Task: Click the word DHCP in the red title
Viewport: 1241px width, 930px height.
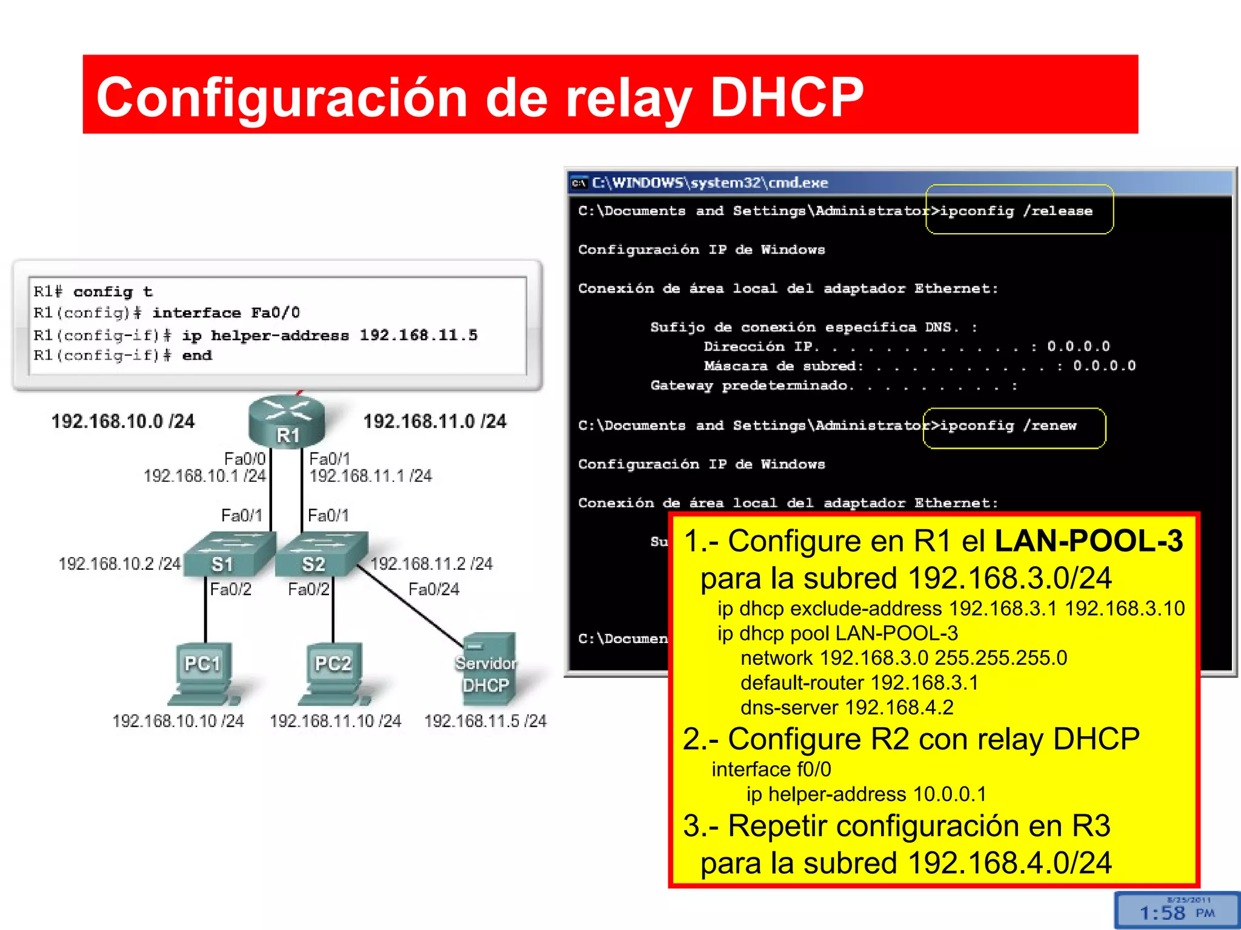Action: pyautogui.click(x=787, y=97)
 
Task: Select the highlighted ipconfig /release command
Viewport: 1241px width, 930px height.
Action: pyautogui.click(x=1017, y=211)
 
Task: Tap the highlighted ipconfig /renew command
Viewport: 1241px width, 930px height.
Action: pyautogui.click(x=1008, y=426)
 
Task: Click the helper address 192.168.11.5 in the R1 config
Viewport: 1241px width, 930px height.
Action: pyautogui.click(x=418, y=335)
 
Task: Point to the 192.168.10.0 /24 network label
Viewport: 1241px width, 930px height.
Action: pyautogui.click(x=123, y=421)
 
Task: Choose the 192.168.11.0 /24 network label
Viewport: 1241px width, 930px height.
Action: pyautogui.click(x=434, y=421)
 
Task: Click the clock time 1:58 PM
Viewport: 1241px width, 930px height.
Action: pyautogui.click(x=1176, y=912)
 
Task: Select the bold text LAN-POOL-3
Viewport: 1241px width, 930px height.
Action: pyautogui.click(x=1088, y=541)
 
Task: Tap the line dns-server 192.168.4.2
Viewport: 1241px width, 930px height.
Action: pyautogui.click(x=847, y=707)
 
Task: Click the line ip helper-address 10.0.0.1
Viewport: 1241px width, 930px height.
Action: pyautogui.click(x=866, y=794)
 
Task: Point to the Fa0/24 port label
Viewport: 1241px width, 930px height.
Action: pyautogui.click(x=434, y=589)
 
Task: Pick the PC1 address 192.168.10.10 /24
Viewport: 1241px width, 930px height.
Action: pyautogui.click(x=178, y=721)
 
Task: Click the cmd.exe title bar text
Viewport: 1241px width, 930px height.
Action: pyautogui.click(x=710, y=182)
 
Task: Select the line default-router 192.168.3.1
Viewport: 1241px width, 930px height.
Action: pyautogui.click(x=859, y=682)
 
